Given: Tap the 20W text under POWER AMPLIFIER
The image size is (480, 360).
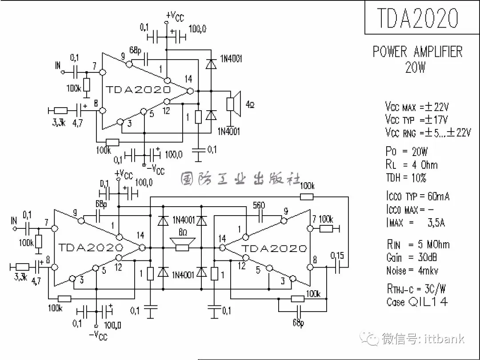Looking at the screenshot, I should (x=416, y=67).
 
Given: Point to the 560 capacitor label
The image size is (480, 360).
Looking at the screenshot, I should (x=259, y=206).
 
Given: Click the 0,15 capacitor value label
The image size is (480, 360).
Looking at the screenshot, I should (x=337, y=256).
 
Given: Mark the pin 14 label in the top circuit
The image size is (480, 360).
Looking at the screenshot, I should (x=188, y=79).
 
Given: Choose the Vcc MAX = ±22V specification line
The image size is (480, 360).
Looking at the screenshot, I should (x=417, y=107).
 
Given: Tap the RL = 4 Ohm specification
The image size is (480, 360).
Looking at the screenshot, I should (x=412, y=165).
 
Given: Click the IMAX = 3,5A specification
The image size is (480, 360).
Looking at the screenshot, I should (x=416, y=222).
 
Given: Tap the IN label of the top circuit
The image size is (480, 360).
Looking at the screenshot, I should (x=58, y=65).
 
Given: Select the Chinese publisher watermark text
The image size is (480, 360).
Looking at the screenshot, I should (x=240, y=179).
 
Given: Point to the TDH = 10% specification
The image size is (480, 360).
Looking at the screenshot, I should (x=406, y=178).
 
